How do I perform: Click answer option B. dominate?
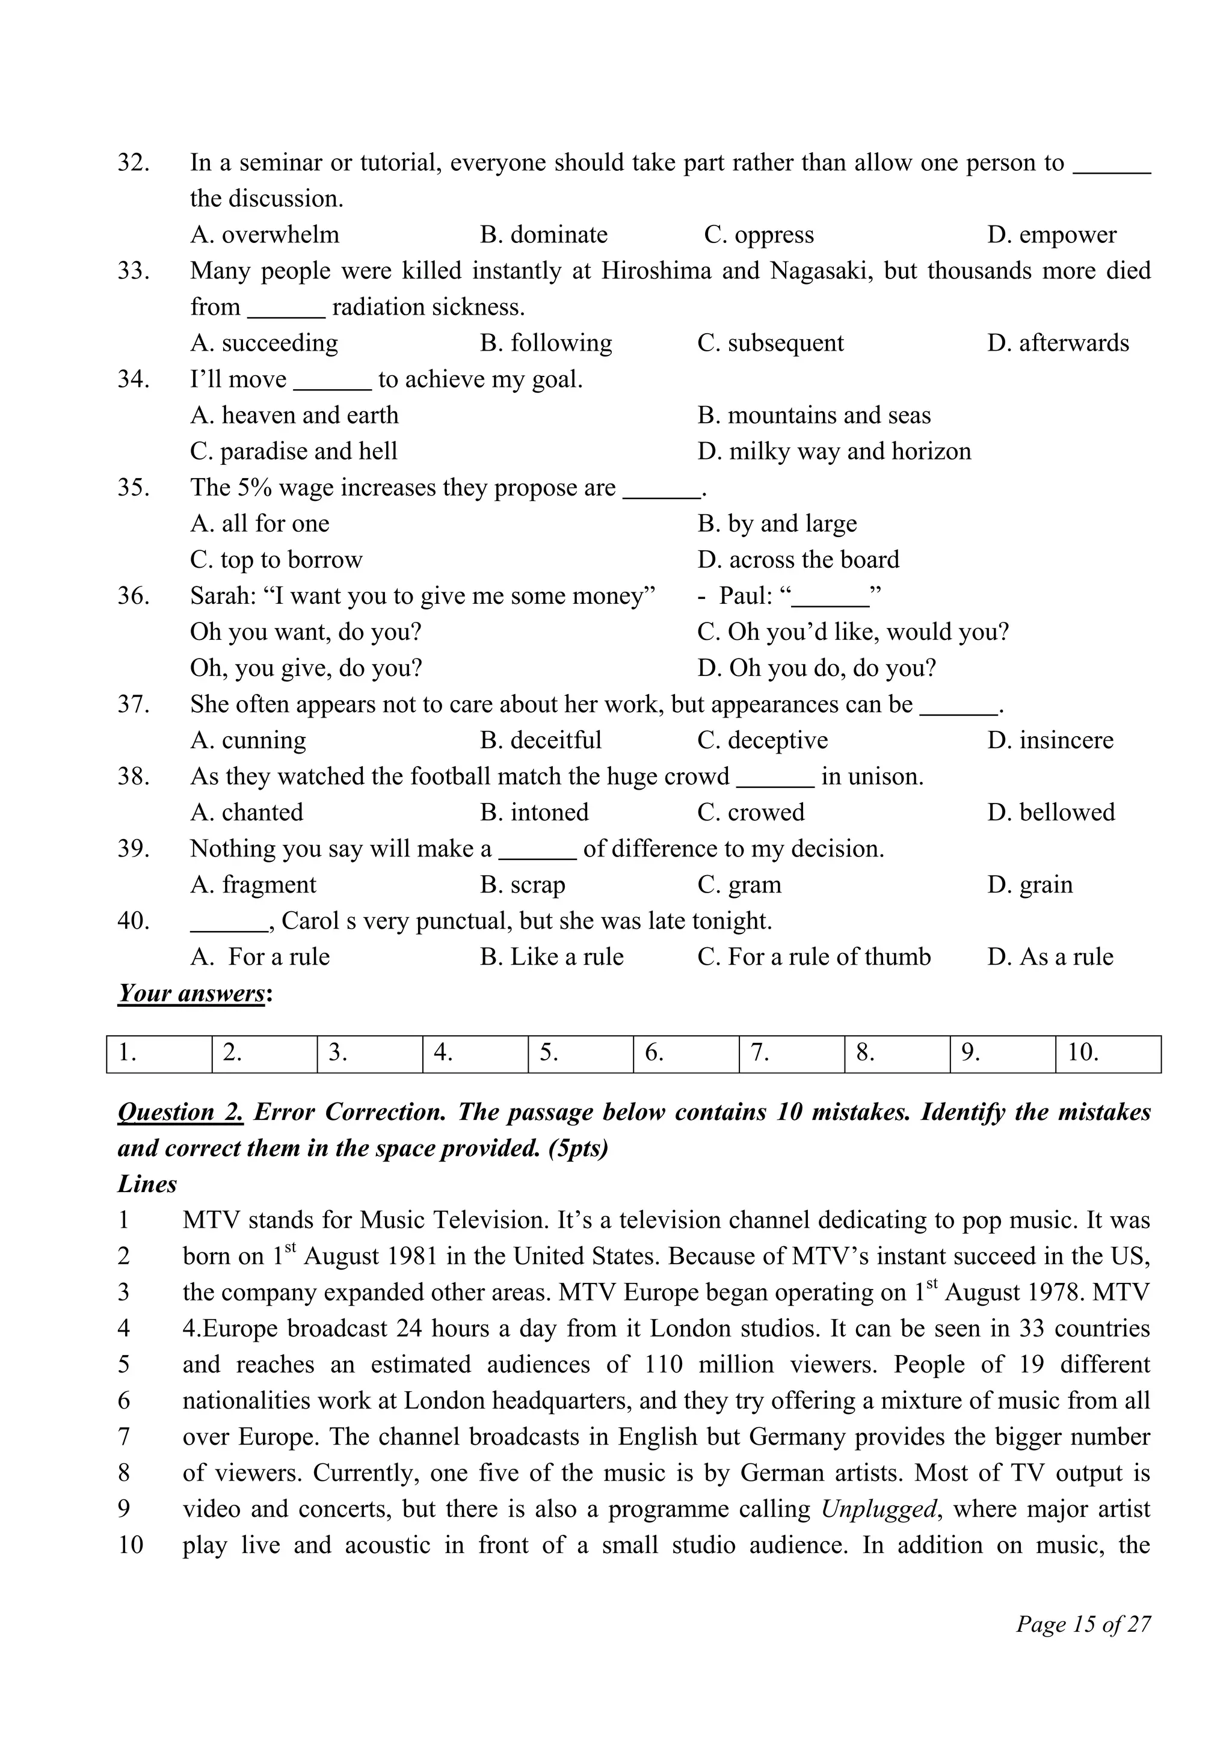543,235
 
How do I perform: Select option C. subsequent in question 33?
770,343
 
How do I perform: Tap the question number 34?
134,379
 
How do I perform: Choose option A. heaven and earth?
294,415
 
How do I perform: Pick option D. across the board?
798,559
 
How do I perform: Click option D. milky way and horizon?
834,452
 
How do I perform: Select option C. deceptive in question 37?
762,740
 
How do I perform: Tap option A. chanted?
247,813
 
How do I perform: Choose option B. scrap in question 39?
522,884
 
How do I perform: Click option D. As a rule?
1050,956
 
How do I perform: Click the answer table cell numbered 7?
791,1054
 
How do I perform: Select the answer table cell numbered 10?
1107,1054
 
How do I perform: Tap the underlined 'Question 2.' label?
180,1112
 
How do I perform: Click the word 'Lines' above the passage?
147,1184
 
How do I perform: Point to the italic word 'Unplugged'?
879,1508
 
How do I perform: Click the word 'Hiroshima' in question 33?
656,271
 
